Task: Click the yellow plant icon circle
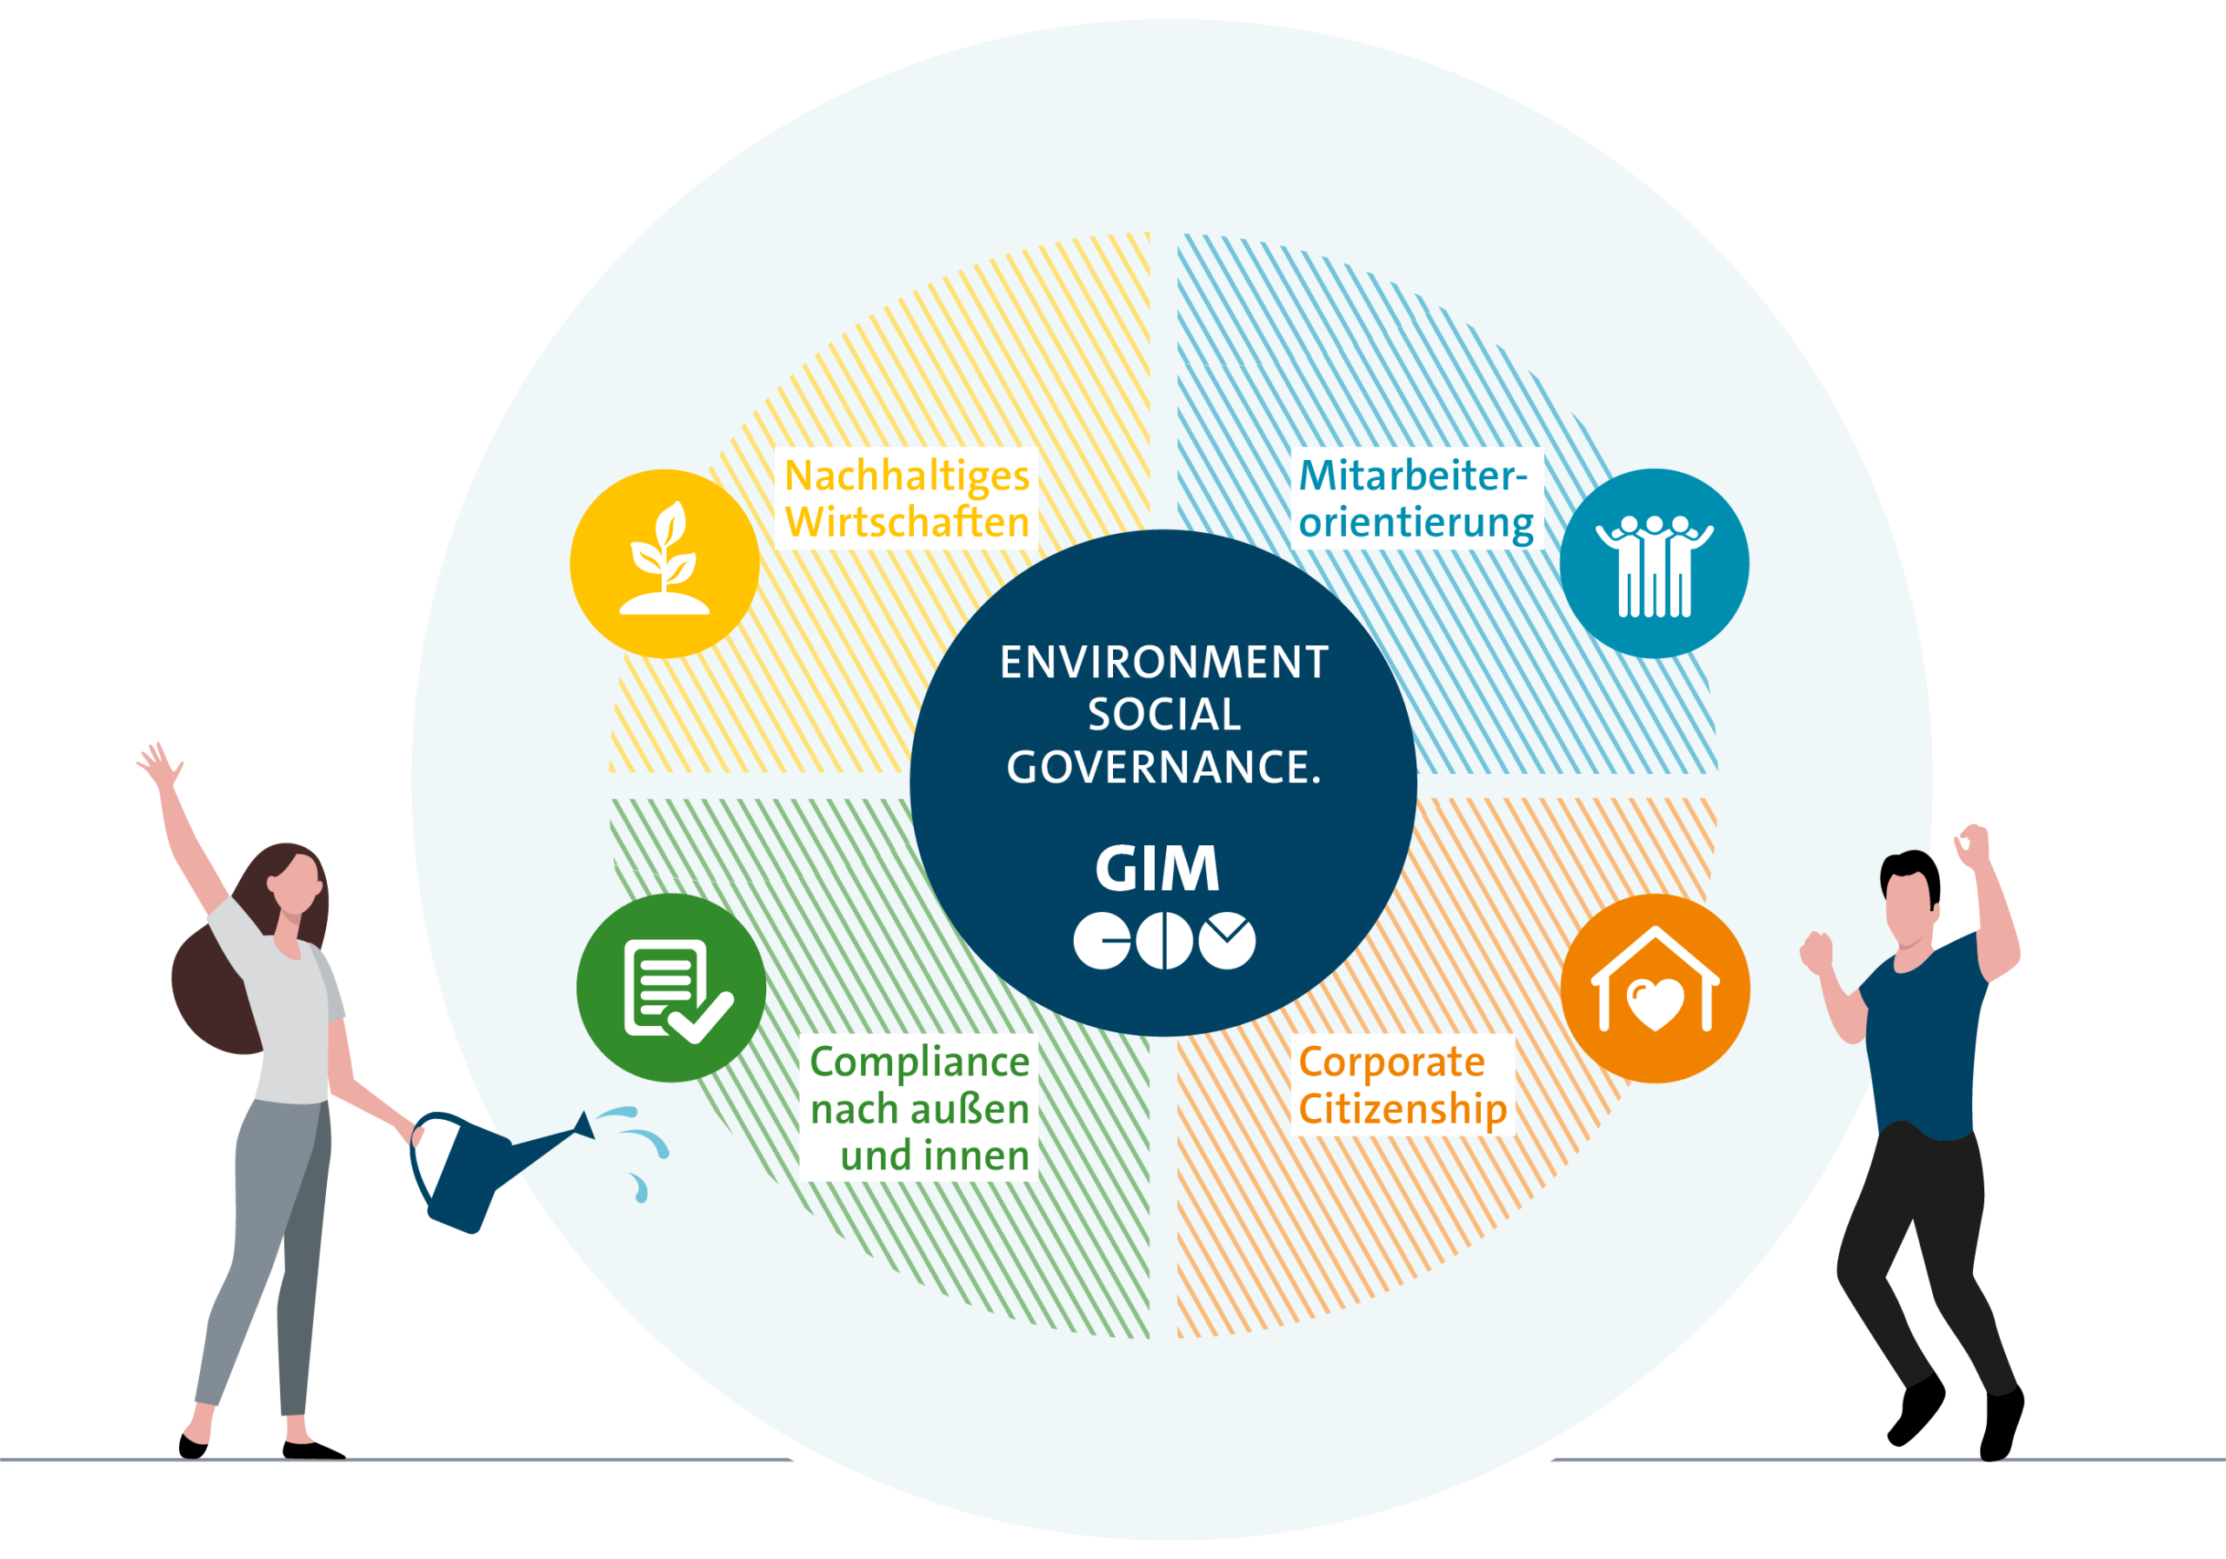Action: (664, 563)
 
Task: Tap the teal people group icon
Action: (1654, 563)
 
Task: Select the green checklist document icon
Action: (671, 987)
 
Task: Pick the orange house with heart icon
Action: (1655, 988)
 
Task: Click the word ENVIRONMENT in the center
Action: (1163, 663)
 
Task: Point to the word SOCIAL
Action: (1163, 715)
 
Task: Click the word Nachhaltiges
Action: (907, 476)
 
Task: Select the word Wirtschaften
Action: (907, 523)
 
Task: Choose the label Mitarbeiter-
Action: (1413, 476)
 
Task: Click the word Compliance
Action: (919, 1062)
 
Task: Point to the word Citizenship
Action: (1402, 1109)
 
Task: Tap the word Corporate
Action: (1391, 1062)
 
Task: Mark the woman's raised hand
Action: (158, 764)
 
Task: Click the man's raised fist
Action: (1971, 845)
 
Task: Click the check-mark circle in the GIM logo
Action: (1226, 939)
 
